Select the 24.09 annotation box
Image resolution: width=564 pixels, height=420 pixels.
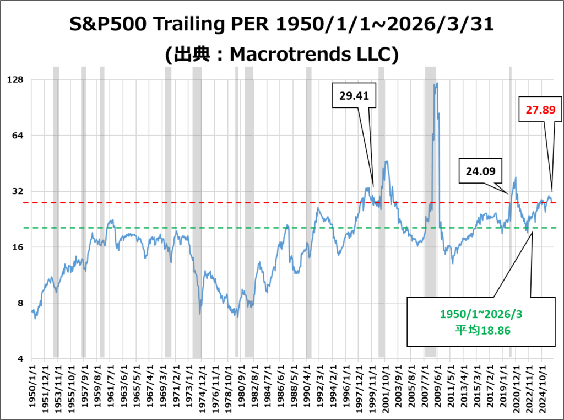coord(480,171)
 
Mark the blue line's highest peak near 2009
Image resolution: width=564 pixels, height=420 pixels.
coord(436,84)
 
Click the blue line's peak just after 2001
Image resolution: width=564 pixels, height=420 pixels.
coord(387,161)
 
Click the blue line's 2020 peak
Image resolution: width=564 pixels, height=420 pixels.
coord(516,177)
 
